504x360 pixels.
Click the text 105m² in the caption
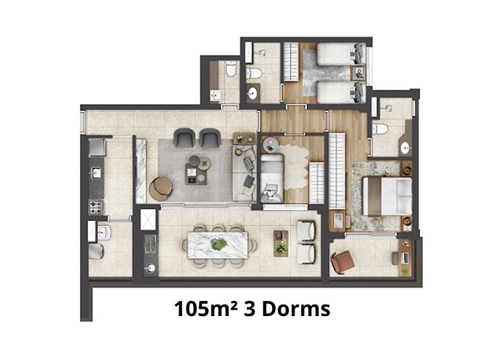(x=206, y=309)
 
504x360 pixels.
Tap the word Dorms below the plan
(x=297, y=309)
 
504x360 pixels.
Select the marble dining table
(x=217, y=245)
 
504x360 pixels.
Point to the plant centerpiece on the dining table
(x=220, y=244)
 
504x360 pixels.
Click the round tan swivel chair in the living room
(x=161, y=189)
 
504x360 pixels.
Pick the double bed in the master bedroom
(x=387, y=197)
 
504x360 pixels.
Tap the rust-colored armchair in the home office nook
(x=343, y=261)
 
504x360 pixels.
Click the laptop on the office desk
(x=405, y=258)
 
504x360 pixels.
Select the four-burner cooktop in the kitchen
(x=96, y=207)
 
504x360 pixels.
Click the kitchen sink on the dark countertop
(x=96, y=173)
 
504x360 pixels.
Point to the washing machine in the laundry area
(x=96, y=251)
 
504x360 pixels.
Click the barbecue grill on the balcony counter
(x=150, y=244)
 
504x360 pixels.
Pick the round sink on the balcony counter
(x=150, y=268)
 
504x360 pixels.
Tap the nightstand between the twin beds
(x=359, y=73)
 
